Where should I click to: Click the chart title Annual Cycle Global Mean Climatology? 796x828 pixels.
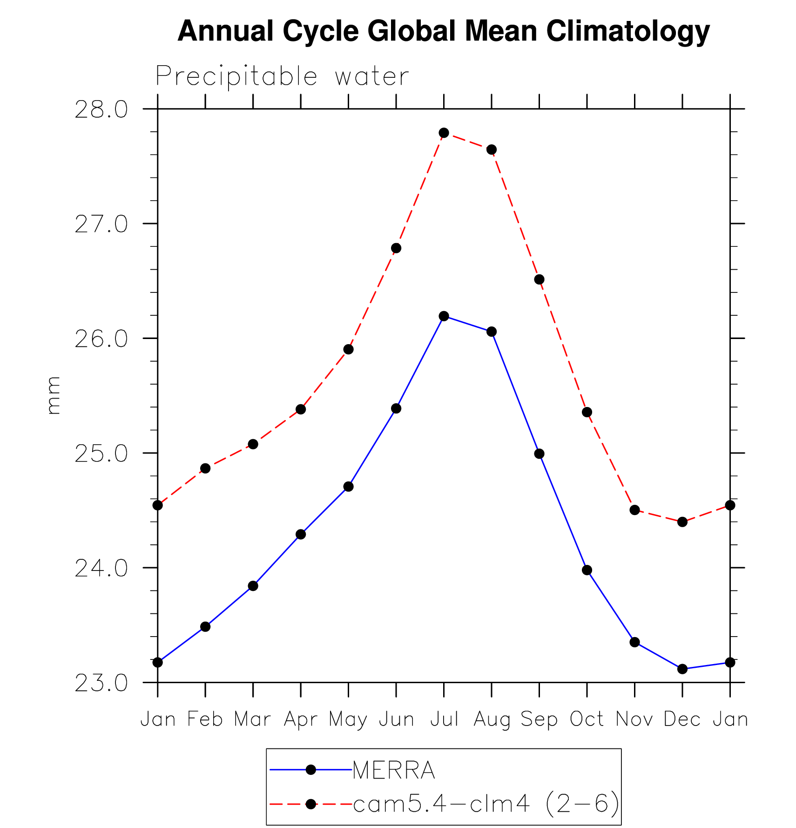[443, 32]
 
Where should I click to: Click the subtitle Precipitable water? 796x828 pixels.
[282, 76]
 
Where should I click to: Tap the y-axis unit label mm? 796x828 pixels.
[54, 395]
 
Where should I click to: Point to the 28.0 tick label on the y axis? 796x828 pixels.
[101, 110]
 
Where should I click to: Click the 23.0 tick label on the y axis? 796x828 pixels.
[101, 684]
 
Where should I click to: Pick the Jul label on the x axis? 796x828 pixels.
[444, 719]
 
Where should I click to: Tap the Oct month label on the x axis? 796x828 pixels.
[587, 719]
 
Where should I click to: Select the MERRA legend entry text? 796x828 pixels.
[394, 771]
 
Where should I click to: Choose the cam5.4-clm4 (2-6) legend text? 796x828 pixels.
[486, 803]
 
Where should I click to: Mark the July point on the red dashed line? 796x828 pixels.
[444, 133]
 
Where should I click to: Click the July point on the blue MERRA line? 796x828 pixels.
[444, 316]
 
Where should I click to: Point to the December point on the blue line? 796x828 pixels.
[682, 669]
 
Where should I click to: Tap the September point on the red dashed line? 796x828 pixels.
[539, 279]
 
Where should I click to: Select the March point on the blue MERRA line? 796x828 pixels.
[253, 586]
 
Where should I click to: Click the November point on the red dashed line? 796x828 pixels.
[634, 510]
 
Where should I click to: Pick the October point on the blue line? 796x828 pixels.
[587, 570]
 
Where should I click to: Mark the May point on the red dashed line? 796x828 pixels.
[348, 349]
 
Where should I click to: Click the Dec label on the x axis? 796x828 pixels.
[682, 719]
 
